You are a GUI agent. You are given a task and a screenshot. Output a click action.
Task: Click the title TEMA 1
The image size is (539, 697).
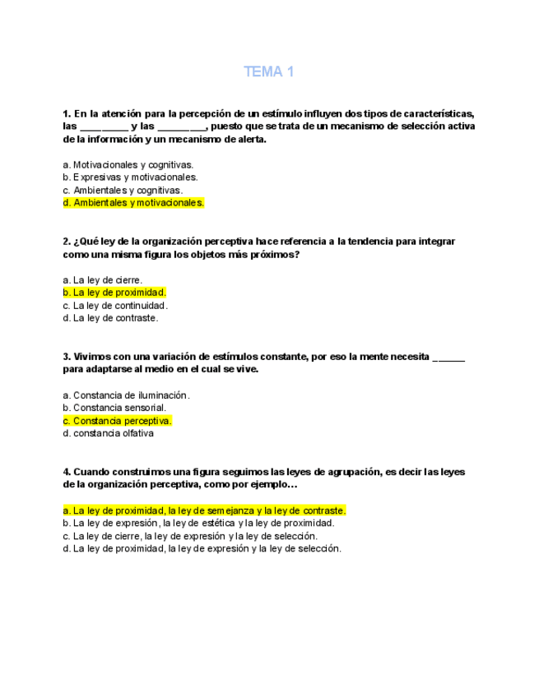268,72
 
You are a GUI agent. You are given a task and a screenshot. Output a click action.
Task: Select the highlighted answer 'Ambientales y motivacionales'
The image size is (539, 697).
133,203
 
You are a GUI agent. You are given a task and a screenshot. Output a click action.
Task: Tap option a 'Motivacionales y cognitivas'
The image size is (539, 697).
128,164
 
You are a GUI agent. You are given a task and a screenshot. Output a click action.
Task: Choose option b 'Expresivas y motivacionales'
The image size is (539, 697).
130,177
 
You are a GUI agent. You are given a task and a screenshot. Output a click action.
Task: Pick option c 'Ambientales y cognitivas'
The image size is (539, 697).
123,190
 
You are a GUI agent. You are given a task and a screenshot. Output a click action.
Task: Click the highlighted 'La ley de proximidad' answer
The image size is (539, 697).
114,293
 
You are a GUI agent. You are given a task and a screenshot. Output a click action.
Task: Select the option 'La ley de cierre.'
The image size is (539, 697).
103,279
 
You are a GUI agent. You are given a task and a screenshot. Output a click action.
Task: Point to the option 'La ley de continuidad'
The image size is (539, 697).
115,306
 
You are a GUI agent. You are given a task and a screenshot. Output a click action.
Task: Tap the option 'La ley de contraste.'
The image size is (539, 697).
110,318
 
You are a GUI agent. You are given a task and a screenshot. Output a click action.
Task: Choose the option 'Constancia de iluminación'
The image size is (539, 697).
126,395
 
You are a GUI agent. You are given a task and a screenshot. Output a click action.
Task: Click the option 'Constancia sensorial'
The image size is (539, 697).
114,408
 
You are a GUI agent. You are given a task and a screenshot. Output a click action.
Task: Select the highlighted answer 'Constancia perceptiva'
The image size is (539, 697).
117,421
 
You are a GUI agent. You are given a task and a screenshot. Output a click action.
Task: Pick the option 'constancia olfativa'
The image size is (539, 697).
108,434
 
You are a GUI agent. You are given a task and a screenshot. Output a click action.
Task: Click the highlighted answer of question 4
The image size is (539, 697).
204,510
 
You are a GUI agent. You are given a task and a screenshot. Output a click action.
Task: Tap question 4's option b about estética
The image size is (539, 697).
197,523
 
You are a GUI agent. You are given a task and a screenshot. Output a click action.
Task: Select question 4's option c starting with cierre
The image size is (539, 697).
189,536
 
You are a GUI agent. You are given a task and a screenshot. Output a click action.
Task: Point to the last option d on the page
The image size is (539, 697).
202,548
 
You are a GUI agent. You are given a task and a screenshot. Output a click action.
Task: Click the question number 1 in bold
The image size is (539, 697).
66,113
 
